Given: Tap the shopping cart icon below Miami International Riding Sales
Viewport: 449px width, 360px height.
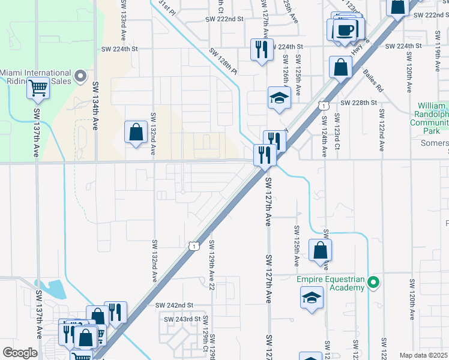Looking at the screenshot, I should point(38,88).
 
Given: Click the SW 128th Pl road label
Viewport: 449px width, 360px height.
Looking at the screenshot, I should point(224,62).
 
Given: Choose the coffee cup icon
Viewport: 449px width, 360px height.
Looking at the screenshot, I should point(345,29).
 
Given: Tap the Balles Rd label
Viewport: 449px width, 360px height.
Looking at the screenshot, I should point(373,80).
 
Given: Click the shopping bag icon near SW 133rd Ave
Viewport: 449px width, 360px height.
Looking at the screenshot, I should point(136,131).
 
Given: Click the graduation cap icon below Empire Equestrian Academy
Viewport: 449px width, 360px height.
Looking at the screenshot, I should point(312,298).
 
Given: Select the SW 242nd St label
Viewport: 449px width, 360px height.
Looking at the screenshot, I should point(174,305).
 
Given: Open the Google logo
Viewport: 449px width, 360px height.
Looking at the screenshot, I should point(20,353).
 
